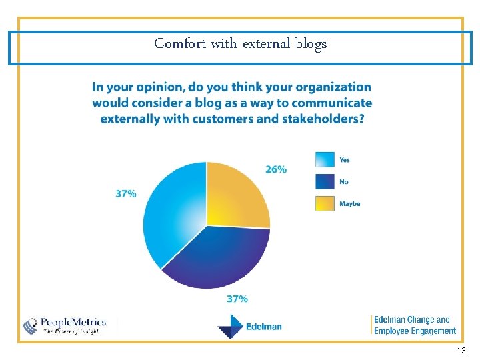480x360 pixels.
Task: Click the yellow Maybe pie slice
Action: click(x=236, y=196)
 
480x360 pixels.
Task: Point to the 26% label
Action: click(x=276, y=169)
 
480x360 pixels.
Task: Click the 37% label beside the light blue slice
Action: click(x=126, y=194)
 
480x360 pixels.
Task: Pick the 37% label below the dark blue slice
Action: click(x=237, y=299)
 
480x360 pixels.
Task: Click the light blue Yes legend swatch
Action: click(x=325, y=159)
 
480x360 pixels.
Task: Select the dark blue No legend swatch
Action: click(x=325, y=181)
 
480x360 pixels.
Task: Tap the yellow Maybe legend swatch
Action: click(x=325, y=203)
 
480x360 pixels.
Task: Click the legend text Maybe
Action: click(x=349, y=204)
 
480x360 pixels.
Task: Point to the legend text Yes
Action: click(x=345, y=160)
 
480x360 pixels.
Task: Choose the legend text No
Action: click(x=344, y=182)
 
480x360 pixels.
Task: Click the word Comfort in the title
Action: click(x=180, y=43)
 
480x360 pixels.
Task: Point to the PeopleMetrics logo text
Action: click(x=73, y=322)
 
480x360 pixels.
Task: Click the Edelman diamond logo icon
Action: click(x=230, y=327)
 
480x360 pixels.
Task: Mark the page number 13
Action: click(x=461, y=351)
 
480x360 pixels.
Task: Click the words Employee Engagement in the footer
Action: click(x=415, y=331)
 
